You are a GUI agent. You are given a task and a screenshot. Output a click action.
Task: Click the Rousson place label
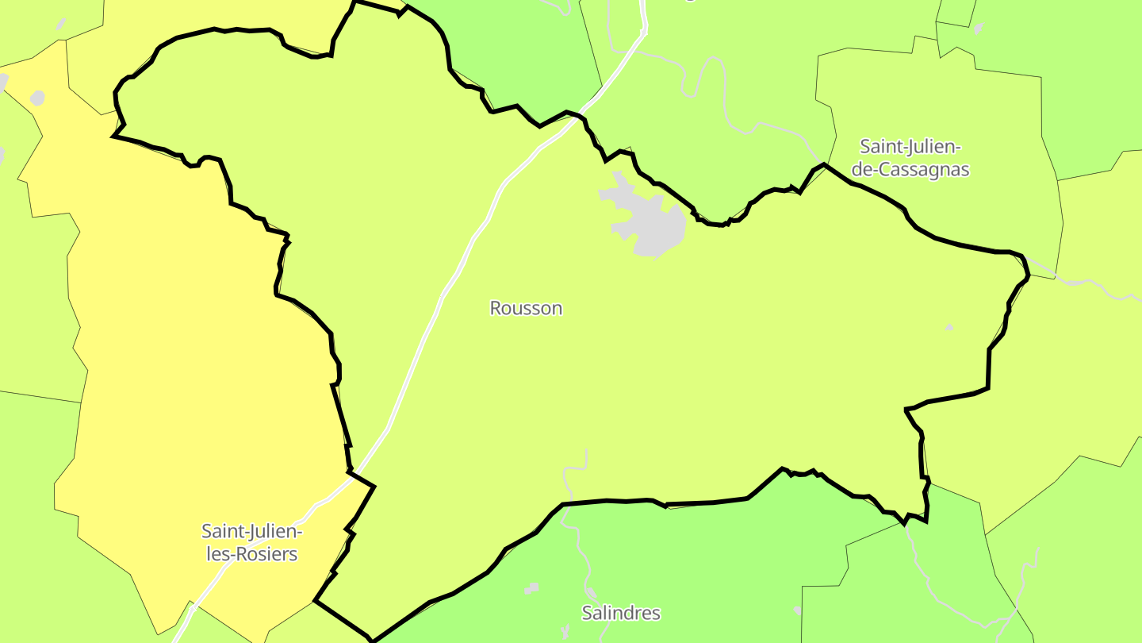pyautogui.click(x=526, y=308)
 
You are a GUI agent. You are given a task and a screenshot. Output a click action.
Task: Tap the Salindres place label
pyautogui.click(x=621, y=613)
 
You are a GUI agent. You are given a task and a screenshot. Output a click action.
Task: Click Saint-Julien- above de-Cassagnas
pyautogui.click(x=910, y=147)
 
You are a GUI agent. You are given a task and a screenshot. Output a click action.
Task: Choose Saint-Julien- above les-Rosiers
pyautogui.click(x=251, y=530)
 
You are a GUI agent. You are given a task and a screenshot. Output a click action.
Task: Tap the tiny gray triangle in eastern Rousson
pyautogui.click(x=949, y=326)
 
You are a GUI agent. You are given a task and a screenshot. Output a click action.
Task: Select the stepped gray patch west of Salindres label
pyautogui.click(x=531, y=588)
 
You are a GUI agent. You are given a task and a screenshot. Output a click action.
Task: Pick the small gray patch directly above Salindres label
pyautogui.click(x=591, y=593)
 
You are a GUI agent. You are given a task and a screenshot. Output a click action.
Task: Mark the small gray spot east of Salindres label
pyautogui.click(x=797, y=610)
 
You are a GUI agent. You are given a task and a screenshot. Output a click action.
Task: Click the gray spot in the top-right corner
pyautogui.click(x=978, y=29)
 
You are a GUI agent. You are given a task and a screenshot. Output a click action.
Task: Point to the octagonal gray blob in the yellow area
pyautogui.click(x=36, y=98)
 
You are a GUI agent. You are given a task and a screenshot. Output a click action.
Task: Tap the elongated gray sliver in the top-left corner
pyautogui.click(x=61, y=24)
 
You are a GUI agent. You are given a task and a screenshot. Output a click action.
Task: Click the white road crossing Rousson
pyautogui.click(x=444, y=294)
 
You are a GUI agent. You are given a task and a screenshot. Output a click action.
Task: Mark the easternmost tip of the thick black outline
pyautogui.click(x=1029, y=275)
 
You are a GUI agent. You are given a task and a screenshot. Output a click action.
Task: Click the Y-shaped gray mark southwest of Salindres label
pyautogui.click(x=565, y=632)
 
